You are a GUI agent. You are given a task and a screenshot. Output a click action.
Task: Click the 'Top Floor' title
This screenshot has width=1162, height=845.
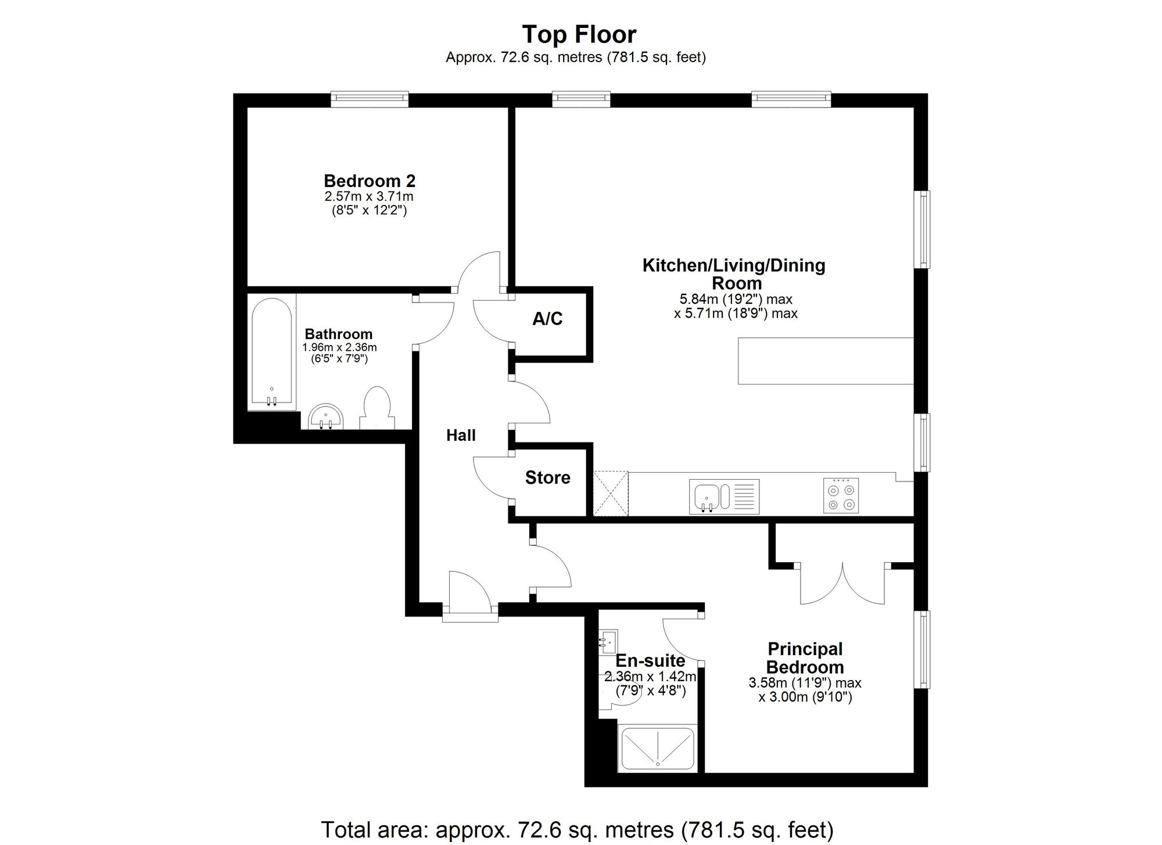pos(579,35)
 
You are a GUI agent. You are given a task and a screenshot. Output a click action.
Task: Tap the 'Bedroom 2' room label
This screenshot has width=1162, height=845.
pos(370,181)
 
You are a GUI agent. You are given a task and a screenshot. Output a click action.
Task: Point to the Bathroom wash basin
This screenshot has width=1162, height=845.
pos(326,417)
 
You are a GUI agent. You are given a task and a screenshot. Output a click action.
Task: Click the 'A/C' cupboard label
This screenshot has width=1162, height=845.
pos(547,319)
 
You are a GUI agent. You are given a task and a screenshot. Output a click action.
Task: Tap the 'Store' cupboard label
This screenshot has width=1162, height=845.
pos(548,478)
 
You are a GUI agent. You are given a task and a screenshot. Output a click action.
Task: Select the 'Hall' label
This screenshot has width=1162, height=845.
pos(461,436)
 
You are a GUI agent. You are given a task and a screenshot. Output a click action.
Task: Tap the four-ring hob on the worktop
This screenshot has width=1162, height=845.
pos(841,495)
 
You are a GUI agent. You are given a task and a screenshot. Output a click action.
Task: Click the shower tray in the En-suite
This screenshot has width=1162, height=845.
pos(658,749)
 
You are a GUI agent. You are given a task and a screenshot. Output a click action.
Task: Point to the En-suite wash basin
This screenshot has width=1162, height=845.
pos(608,642)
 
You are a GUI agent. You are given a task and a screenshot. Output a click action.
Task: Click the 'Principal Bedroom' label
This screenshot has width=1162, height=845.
pos(805,658)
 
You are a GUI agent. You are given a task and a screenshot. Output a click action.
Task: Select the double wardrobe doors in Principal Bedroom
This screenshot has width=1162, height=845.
pos(843,584)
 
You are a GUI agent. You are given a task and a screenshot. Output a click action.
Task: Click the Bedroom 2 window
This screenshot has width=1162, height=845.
pos(370,99)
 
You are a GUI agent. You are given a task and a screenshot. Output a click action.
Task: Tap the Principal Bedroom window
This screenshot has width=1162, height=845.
pos(921,649)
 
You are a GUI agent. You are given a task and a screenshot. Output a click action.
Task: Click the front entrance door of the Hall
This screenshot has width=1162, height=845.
pos(469,596)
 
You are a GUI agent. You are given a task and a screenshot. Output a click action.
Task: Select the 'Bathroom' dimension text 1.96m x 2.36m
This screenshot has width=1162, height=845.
pos(339,348)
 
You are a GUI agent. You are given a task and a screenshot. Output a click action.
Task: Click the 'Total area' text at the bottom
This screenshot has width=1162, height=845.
pos(577,830)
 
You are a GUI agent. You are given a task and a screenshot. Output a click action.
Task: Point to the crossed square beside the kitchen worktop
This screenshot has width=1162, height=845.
pos(611,493)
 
